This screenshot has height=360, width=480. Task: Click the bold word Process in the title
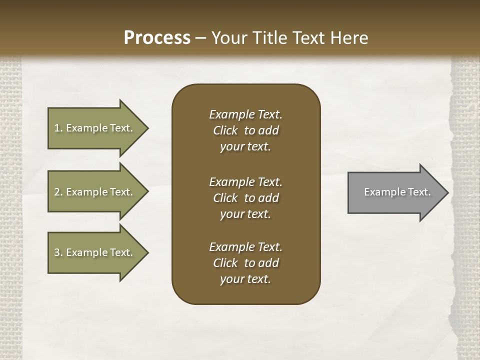pos(157,38)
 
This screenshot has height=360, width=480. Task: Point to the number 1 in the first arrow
pos(57,128)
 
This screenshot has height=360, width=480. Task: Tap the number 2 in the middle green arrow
pos(57,192)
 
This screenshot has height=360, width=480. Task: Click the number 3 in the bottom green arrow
pos(57,252)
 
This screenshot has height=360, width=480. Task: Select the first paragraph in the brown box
pos(245,130)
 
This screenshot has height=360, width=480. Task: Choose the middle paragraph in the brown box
pos(245,198)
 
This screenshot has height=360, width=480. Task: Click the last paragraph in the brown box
pos(245,263)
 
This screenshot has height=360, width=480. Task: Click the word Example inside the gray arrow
pos(381,192)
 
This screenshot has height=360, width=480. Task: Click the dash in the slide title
pos(200,38)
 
